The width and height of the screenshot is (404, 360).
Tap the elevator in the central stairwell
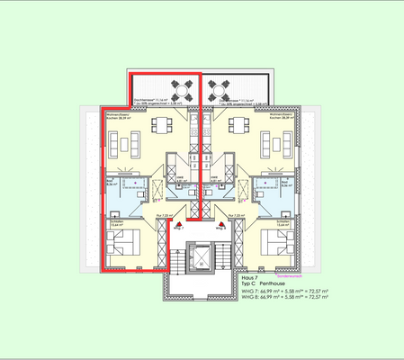[x=201, y=257]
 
